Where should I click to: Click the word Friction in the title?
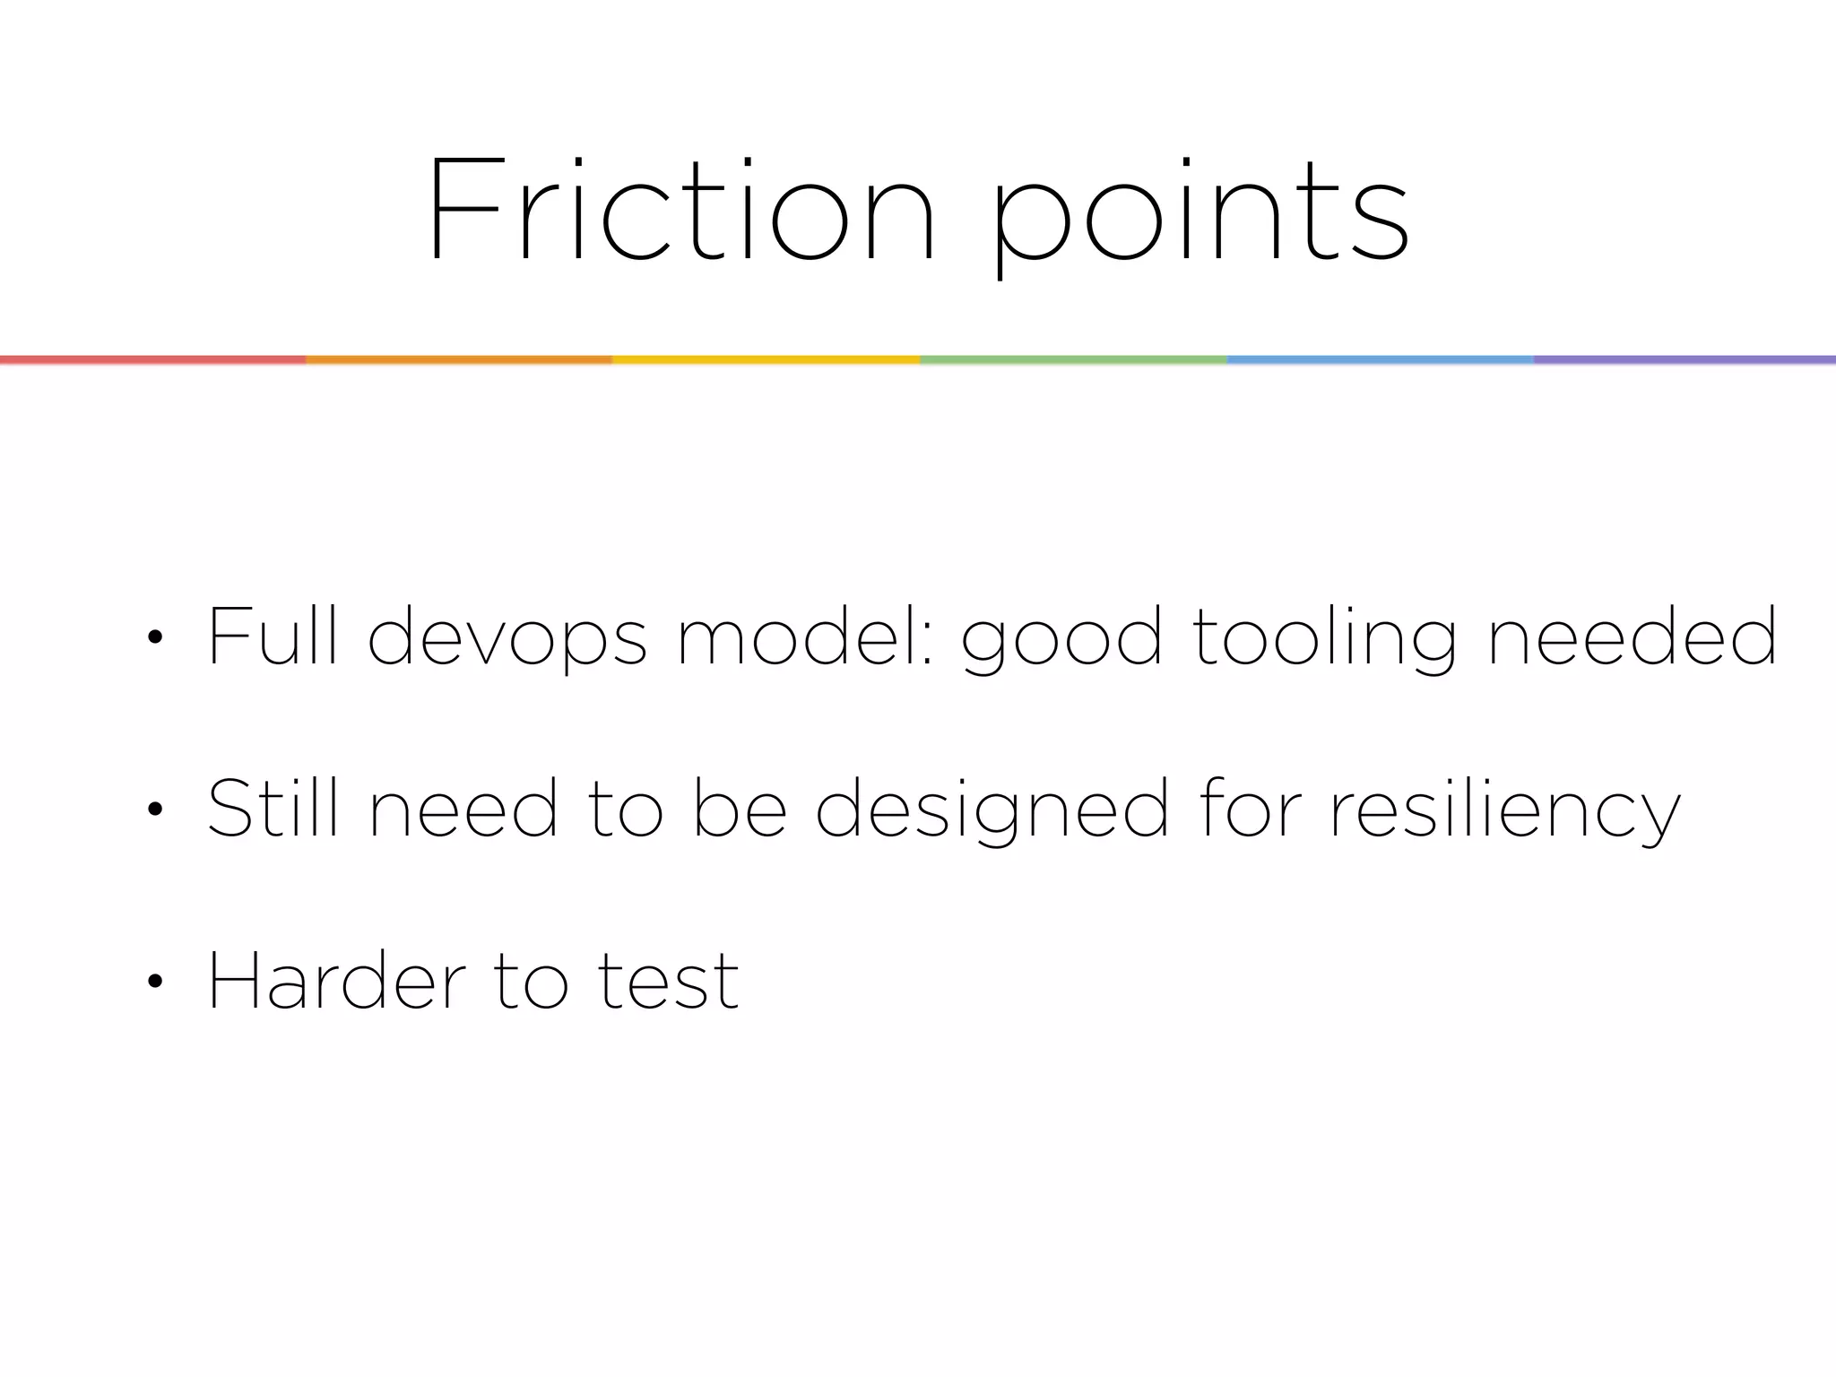681,211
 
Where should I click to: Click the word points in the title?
1201,215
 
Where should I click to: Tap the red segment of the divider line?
152,359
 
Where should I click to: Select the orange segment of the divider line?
459,359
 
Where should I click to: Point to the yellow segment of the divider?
766,359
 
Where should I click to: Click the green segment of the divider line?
1073,359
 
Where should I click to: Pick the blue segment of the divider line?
1380,359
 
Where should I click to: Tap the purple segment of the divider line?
1685,359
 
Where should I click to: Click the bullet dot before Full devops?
155,637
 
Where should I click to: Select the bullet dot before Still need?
155,810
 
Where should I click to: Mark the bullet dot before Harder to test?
155,982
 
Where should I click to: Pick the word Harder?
337,981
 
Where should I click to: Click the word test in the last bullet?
668,983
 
